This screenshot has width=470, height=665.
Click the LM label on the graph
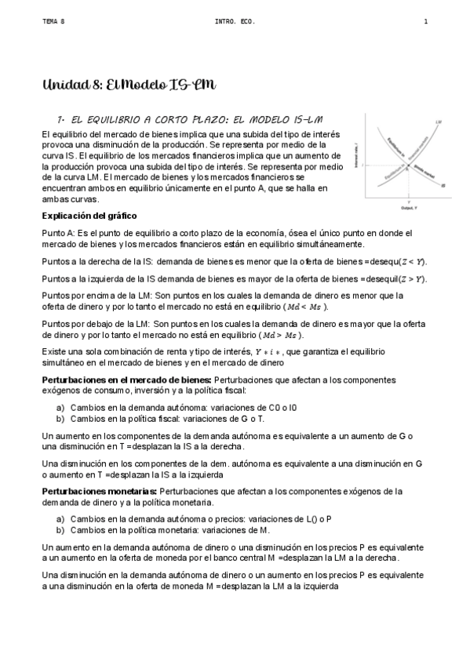[436, 123]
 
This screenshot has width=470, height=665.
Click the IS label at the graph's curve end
[443, 186]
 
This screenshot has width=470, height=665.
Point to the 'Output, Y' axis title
[408, 209]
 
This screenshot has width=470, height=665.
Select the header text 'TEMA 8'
[53, 21]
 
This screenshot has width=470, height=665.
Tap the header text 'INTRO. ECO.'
[231, 21]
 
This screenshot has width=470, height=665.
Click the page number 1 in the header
[425, 21]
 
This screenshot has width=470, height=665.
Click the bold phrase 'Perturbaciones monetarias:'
[98, 491]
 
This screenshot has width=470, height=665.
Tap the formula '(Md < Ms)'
[305, 307]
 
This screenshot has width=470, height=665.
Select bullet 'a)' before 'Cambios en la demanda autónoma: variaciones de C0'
[60, 408]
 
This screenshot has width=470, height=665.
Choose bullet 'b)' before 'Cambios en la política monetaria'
[60, 530]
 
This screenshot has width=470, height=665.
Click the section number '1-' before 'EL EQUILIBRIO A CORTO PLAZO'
[60, 118]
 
